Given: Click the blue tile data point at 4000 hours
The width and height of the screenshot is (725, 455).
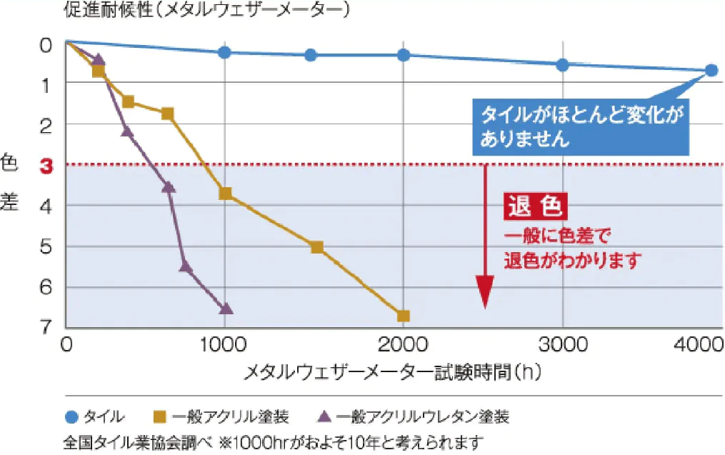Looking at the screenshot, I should pyautogui.click(x=711, y=70).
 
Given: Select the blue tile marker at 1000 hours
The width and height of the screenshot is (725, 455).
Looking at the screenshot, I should pyautogui.click(x=225, y=52).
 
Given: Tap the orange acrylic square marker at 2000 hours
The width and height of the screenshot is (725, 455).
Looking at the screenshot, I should pyautogui.click(x=403, y=316).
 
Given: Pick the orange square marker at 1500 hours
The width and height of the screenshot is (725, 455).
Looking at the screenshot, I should pyautogui.click(x=317, y=247).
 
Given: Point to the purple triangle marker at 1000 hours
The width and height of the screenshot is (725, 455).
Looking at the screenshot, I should pyautogui.click(x=226, y=309).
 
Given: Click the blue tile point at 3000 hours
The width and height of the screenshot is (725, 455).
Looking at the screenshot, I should pyautogui.click(x=562, y=64).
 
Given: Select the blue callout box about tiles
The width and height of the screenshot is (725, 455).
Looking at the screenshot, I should pyautogui.click(x=581, y=126).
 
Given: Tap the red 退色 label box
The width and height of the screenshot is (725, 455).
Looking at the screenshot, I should pyautogui.click(x=536, y=207).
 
